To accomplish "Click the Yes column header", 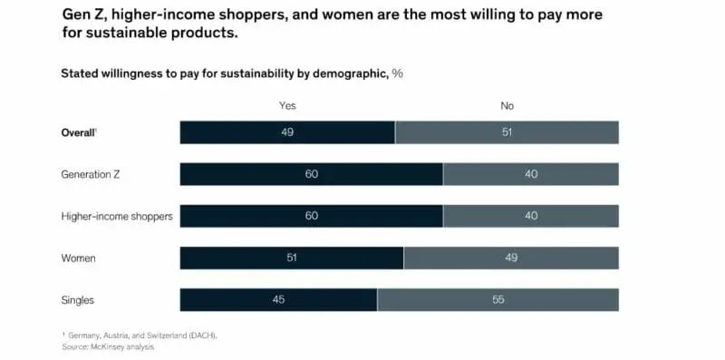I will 287,106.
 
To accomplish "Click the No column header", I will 507,106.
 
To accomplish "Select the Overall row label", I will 79,132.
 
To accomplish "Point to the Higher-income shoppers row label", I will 117,216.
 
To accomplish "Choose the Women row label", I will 78,258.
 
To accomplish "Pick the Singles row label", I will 78,300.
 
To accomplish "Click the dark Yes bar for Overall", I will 287,132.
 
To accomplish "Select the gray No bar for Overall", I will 507,132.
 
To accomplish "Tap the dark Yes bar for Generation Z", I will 311,174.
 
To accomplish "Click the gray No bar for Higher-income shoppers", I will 531,216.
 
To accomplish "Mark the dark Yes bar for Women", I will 292,258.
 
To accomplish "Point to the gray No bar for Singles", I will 498,300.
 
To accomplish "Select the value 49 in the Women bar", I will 511,258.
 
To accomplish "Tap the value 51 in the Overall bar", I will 507,132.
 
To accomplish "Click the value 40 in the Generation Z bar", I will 531,174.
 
